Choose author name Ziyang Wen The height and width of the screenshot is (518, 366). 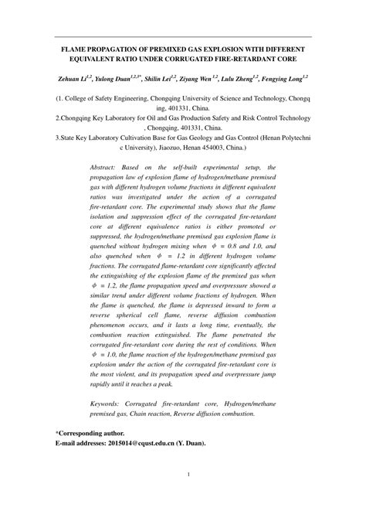click(x=202, y=79)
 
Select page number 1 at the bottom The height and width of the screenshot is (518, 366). click(x=182, y=496)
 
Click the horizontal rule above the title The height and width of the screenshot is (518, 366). click(x=183, y=36)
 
